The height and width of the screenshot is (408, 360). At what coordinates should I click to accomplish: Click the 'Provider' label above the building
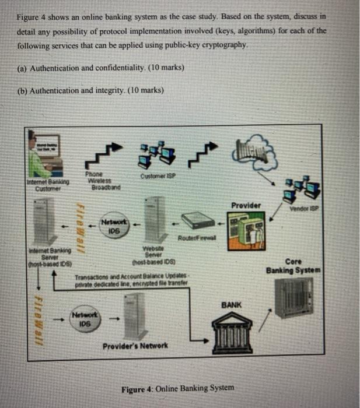(x=247, y=206)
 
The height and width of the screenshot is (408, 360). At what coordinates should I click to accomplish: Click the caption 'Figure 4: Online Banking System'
(x=177, y=388)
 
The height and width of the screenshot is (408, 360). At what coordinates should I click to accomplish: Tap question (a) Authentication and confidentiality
(x=100, y=68)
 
